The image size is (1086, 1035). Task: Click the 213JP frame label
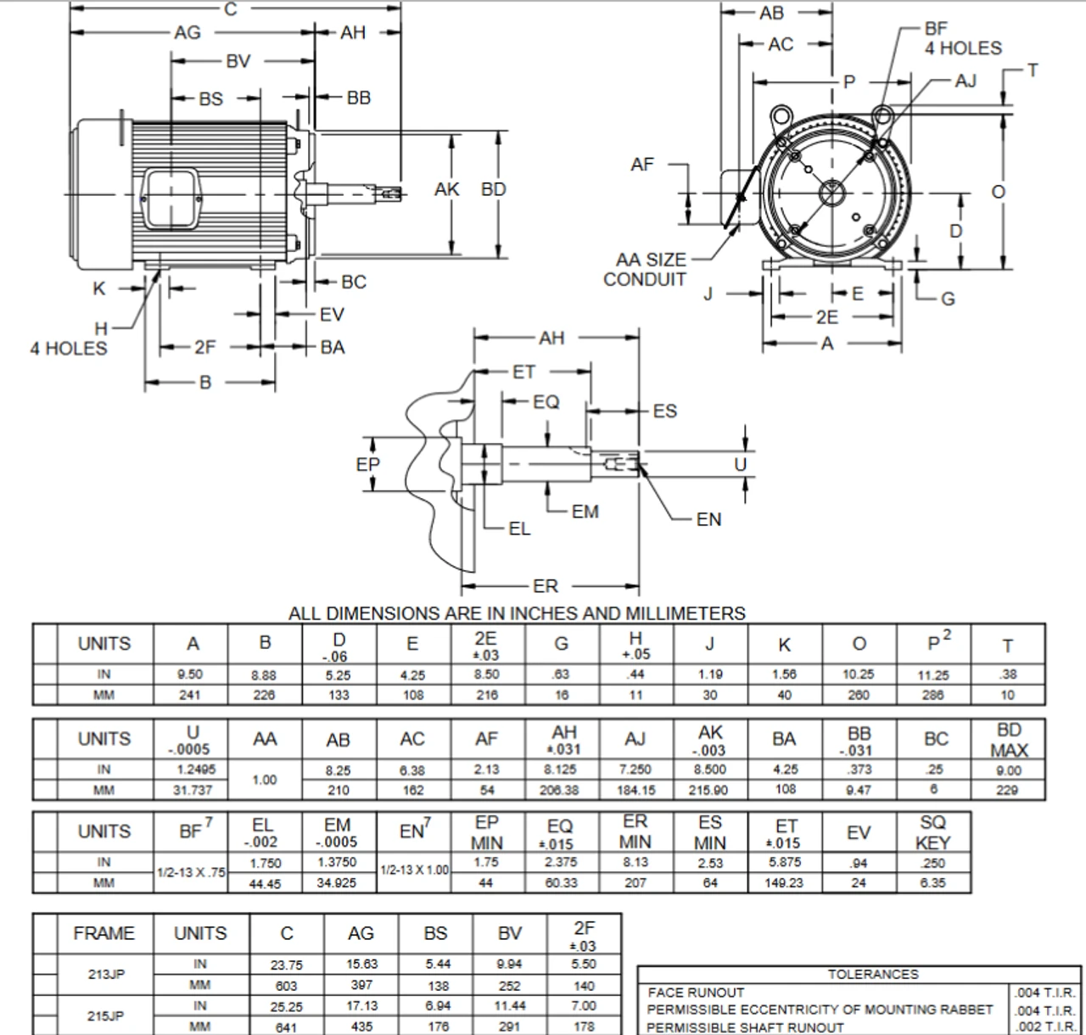105,974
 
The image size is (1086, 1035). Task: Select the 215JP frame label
105,1015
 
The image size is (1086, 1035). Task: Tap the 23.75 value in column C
286,965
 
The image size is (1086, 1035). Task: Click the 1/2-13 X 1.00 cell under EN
414,870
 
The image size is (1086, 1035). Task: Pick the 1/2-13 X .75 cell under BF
191,872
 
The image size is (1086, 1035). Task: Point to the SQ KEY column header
933,832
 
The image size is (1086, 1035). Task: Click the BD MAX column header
1009,740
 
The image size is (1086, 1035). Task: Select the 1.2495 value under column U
192,770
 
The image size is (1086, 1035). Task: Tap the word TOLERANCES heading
873,975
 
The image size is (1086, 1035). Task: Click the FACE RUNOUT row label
696,993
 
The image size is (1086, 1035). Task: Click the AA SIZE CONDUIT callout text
650,270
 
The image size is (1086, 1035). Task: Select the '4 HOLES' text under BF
963,48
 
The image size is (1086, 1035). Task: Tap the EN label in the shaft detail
708,519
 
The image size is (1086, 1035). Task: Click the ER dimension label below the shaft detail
546,586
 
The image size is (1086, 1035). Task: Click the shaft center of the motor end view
832,193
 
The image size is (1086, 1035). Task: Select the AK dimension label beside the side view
446,189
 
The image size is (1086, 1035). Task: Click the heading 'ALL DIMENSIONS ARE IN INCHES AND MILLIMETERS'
517,613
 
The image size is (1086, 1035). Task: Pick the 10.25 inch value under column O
859,674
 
